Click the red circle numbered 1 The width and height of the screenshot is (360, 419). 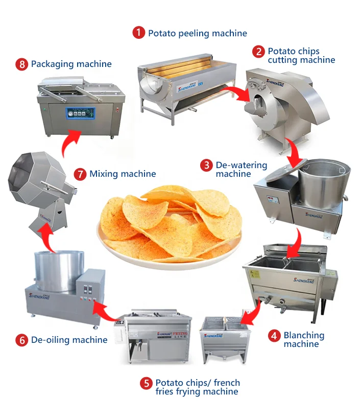click(x=138, y=33)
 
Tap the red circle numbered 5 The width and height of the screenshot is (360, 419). click(x=146, y=383)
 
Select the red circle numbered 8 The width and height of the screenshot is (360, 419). click(x=21, y=64)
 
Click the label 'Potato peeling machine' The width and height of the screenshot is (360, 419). click(x=197, y=33)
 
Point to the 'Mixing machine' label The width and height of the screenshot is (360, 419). click(x=123, y=174)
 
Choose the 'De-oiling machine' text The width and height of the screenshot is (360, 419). click(x=69, y=340)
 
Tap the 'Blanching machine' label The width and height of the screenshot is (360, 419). click(x=304, y=340)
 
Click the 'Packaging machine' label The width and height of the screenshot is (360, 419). click(x=71, y=64)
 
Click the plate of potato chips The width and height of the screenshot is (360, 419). click(x=171, y=225)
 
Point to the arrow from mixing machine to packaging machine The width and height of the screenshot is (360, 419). click(x=69, y=143)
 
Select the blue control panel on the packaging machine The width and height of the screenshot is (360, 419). click(x=80, y=113)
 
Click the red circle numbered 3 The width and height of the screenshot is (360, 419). click(x=206, y=165)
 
